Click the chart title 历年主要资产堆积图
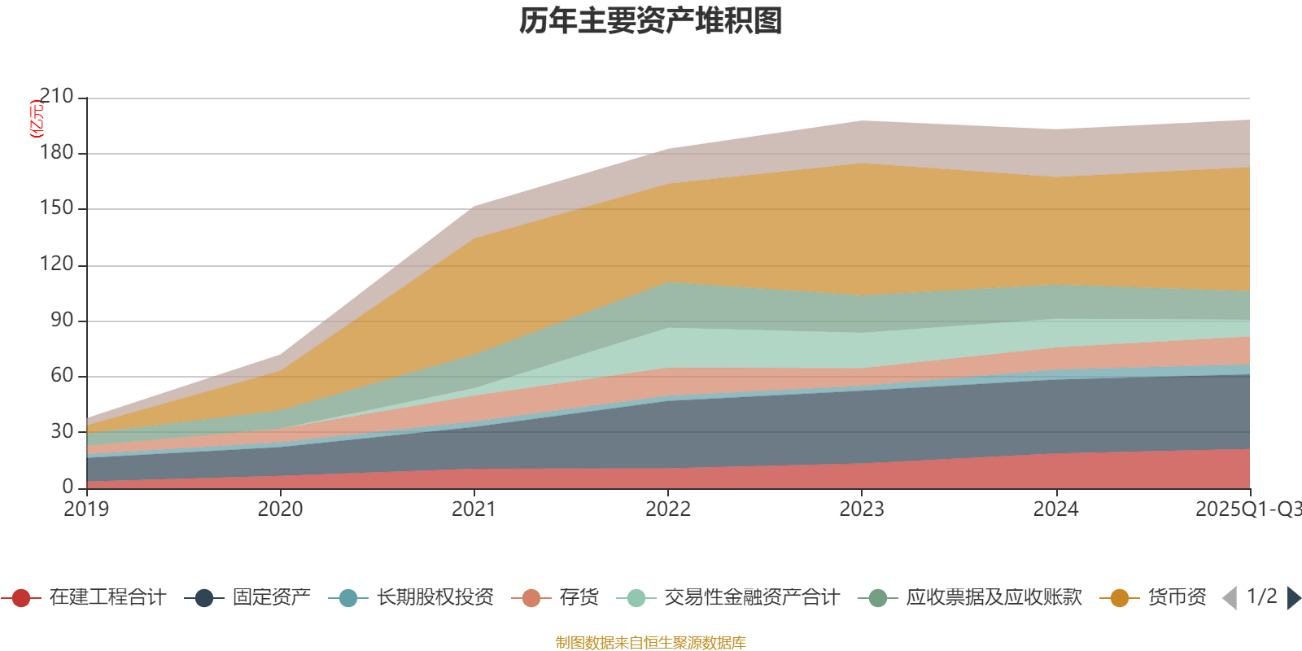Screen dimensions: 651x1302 [x=651, y=21]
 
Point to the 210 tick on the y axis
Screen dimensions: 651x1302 [x=55, y=97]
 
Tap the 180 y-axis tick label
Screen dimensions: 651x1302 [x=55, y=153]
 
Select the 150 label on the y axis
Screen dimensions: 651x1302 [x=55, y=208]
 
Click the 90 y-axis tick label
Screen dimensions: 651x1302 [x=61, y=320]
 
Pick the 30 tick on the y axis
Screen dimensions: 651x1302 [x=61, y=431]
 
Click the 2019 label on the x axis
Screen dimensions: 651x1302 [x=86, y=509]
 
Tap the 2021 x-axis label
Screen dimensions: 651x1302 [x=474, y=509]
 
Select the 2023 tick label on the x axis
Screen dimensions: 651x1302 [x=862, y=509]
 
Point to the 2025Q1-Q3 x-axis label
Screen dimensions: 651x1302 [x=1247, y=509]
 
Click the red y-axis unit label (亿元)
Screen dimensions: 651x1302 [x=37, y=119]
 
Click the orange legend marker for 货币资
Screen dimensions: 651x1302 [x=1119, y=598]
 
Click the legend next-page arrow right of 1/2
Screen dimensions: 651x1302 [x=1293, y=598]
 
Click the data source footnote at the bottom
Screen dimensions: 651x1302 [x=651, y=643]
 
